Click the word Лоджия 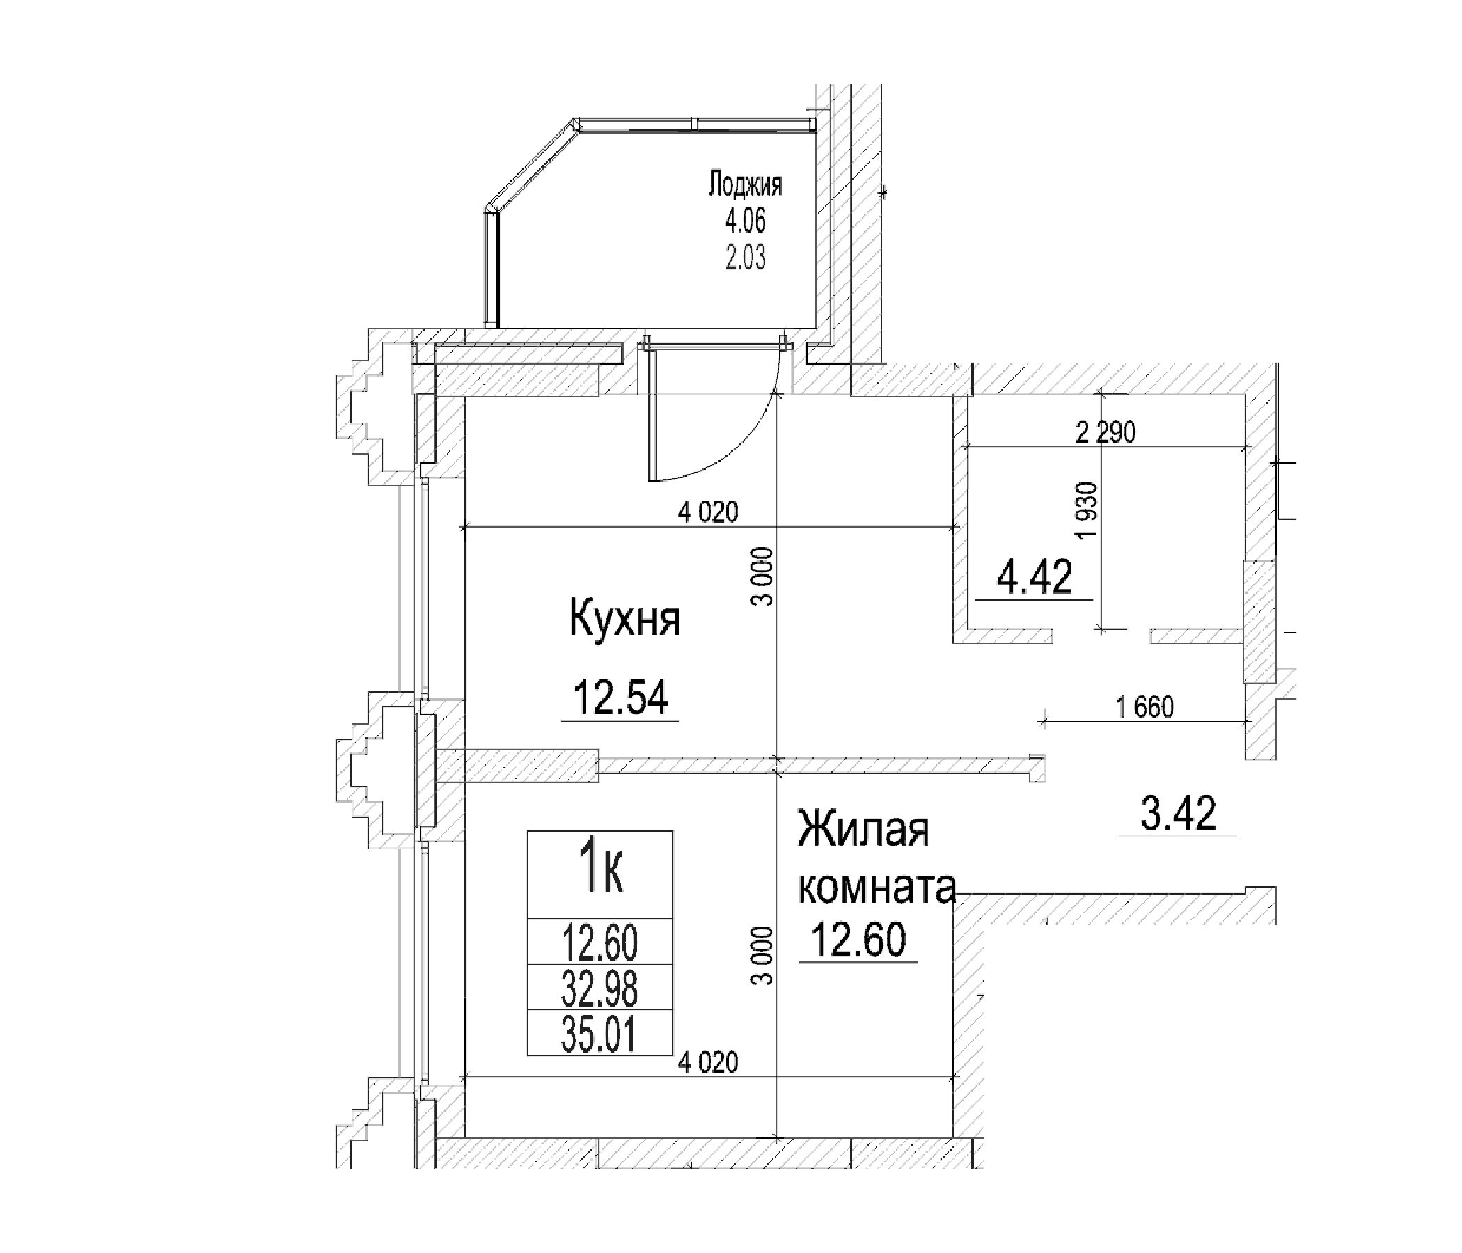[745, 185]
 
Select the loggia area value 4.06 [745, 221]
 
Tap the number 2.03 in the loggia [745, 258]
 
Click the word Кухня [624, 619]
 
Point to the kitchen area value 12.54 [621, 697]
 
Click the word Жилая [863, 830]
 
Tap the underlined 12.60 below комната [858, 940]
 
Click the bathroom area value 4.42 [1034, 577]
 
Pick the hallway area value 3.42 [1179, 814]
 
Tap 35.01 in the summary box [599, 1035]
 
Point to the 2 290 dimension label [1105, 432]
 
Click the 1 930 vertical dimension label [1087, 511]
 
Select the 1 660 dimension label [1145, 707]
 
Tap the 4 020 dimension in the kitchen [708, 512]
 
